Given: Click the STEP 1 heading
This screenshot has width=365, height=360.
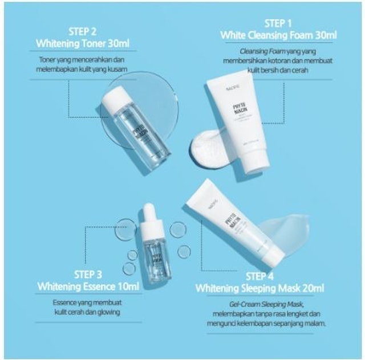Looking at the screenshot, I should (278, 23).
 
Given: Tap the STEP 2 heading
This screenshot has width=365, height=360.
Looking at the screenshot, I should (83, 31).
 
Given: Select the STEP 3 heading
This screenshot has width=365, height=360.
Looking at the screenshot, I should (88, 274).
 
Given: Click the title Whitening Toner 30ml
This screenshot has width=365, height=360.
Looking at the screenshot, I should (83, 43).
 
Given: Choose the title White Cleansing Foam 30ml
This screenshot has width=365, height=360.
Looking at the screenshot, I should (278, 35).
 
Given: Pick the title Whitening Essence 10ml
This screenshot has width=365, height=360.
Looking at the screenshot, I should (88, 286).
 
